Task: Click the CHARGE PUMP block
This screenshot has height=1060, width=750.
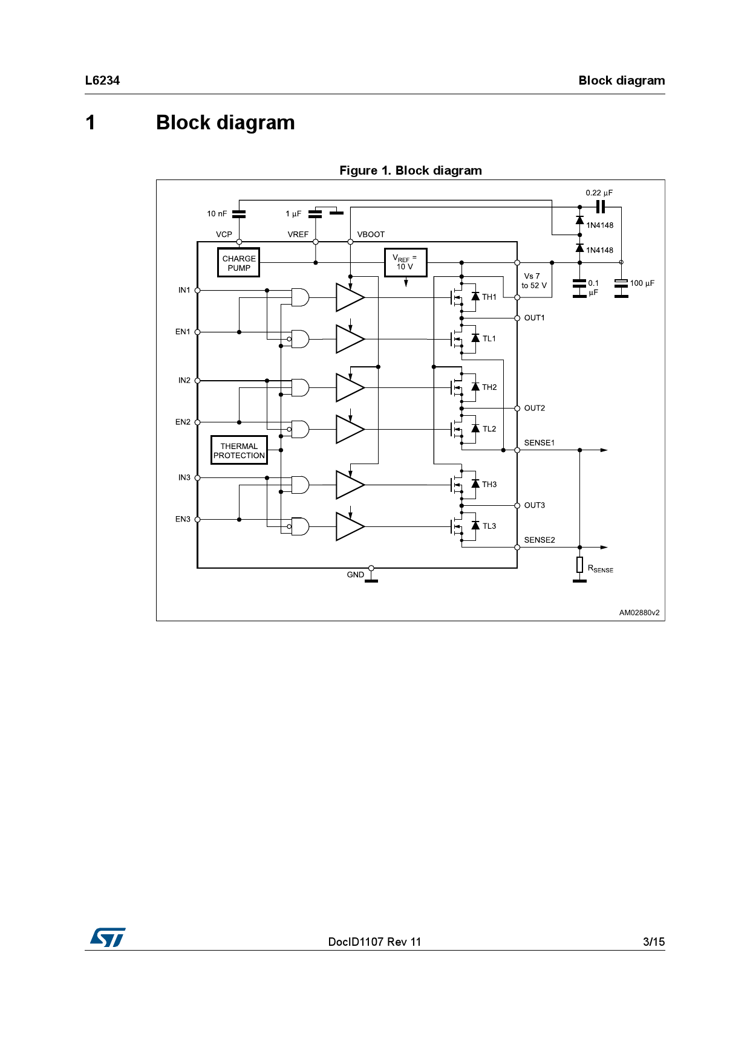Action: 238,263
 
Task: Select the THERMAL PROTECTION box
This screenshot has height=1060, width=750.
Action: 239,450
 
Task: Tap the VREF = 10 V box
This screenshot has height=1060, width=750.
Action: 405,262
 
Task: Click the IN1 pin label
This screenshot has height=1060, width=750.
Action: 184,290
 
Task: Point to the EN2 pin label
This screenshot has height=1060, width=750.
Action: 183,422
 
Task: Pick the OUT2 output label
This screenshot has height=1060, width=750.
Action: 534,408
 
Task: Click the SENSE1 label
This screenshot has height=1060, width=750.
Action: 539,442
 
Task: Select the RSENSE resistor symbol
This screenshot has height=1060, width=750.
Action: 579,565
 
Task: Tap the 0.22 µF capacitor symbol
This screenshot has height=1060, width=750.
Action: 600,207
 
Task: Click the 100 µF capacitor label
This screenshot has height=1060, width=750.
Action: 642,283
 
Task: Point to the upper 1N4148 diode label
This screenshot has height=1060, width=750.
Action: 599,225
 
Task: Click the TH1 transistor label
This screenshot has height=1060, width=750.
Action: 489,297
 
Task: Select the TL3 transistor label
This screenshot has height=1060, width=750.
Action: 489,526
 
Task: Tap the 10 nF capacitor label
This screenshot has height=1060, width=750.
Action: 217,213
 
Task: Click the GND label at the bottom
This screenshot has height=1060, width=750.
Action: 355,574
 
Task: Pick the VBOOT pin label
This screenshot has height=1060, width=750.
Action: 371,234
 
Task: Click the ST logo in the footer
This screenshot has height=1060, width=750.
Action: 108,937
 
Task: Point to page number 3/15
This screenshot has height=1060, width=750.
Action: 653,942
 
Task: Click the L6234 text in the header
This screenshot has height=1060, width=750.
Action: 102,80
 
